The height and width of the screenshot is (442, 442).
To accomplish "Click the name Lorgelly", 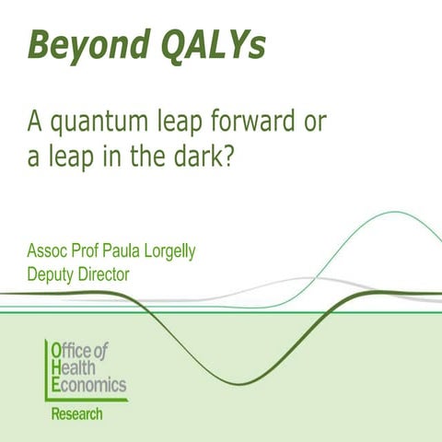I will click(165, 251).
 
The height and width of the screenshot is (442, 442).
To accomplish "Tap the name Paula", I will click(112, 251).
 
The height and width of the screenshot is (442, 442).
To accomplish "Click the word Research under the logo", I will click(77, 413).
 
